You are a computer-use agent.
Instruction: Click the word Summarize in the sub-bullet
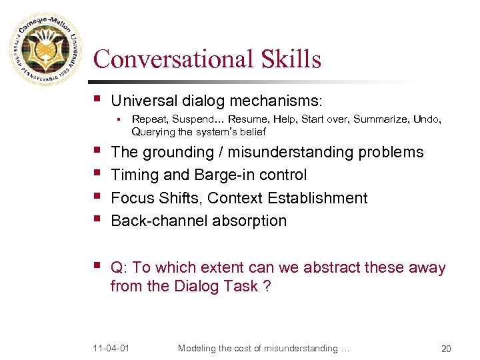point(375,119)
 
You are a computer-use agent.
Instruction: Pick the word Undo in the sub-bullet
point(427,119)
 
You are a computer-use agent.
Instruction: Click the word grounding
point(177,152)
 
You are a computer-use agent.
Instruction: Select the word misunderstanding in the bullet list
point(291,152)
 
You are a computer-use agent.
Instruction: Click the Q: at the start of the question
point(119,267)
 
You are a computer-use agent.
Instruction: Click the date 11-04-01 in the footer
point(111,348)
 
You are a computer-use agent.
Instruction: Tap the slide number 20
point(445,348)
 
